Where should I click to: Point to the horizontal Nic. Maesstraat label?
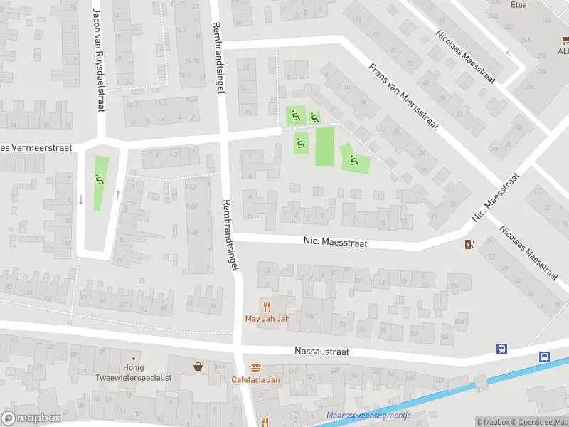point(334,243)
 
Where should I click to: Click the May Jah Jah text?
point(267,318)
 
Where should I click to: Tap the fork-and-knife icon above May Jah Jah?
point(267,306)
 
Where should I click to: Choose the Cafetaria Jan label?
point(255,379)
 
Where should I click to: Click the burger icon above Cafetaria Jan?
point(255,367)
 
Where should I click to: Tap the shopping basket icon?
point(198,366)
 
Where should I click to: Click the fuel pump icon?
point(469,245)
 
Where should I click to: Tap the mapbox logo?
point(31,418)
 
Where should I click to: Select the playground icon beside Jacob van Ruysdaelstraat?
point(100,179)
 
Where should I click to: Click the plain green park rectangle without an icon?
point(324,146)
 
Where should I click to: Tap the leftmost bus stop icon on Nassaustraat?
point(501,349)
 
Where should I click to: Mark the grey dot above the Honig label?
point(133,358)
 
